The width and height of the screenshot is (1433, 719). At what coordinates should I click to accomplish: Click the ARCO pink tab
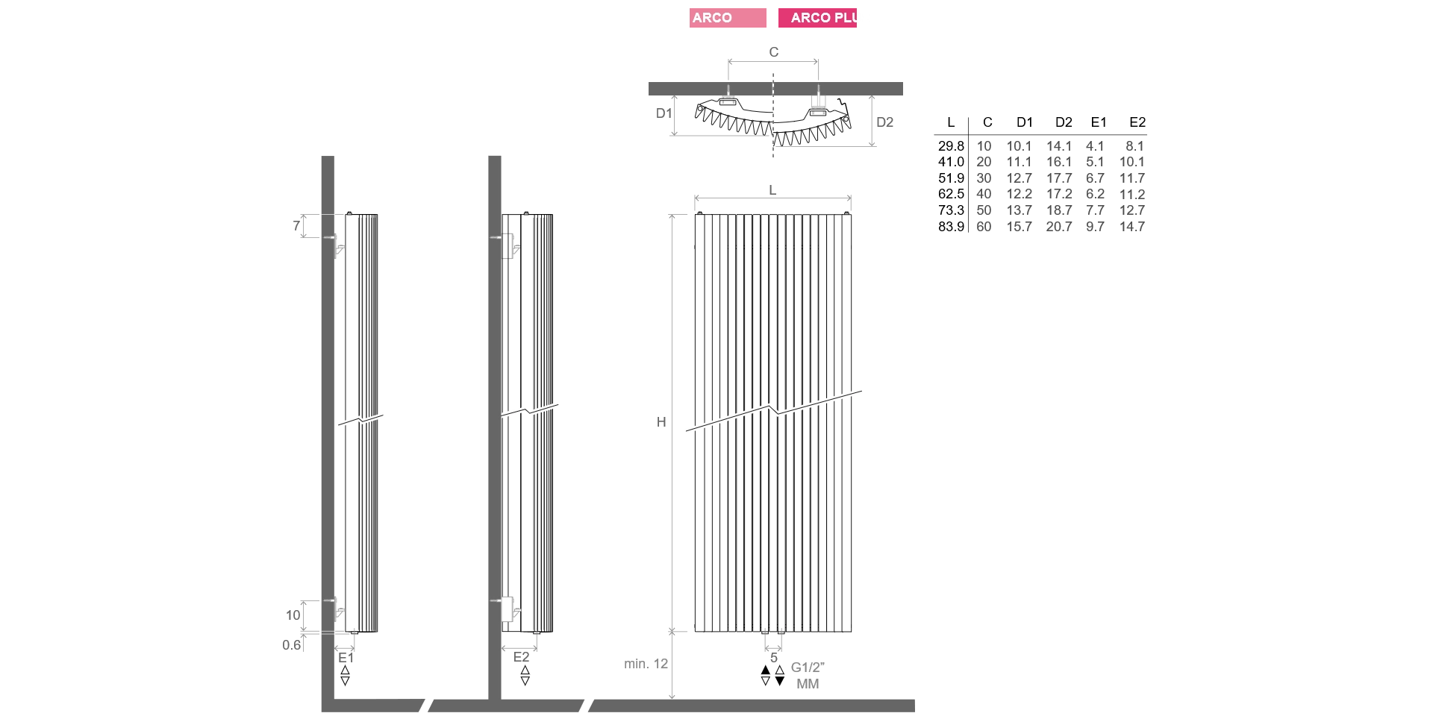(x=728, y=18)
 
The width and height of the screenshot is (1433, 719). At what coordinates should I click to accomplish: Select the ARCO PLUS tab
(x=817, y=18)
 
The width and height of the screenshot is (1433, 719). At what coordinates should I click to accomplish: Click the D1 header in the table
(x=1025, y=122)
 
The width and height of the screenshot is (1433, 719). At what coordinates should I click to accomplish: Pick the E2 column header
(x=1137, y=122)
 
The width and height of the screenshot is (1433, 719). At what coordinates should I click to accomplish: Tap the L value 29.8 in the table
(x=951, y=146)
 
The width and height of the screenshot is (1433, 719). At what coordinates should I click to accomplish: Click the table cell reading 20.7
(x=1059, y=227)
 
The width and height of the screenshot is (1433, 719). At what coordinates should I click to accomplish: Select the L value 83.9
(x=951, y=227)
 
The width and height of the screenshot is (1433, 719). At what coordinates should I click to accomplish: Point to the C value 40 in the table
(x=984, y=195)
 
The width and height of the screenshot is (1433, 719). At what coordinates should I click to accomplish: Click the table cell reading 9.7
(x=1095, y=227)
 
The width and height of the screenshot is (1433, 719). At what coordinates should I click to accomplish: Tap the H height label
(x=661, y=422)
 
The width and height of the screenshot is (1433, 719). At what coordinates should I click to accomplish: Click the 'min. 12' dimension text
(x=646, y=664)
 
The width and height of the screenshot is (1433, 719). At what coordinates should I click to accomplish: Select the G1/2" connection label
(x=808, y=668)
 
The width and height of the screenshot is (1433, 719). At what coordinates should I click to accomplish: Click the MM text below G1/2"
(x=808, y=684)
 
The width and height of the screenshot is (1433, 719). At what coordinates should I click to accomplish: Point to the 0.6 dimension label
(x=292, y=645)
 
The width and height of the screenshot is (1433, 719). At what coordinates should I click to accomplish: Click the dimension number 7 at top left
(x=296, y=225)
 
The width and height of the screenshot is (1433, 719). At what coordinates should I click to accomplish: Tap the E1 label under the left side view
(x=346, y=658)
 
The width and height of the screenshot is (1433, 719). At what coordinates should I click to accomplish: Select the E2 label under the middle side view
(x=521, y=657)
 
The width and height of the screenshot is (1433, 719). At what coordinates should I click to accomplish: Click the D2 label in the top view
(x=885, y=122)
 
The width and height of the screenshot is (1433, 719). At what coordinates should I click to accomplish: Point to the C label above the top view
(x=774, y=52)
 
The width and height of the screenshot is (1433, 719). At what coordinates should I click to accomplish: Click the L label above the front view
(x=772, y=190)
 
